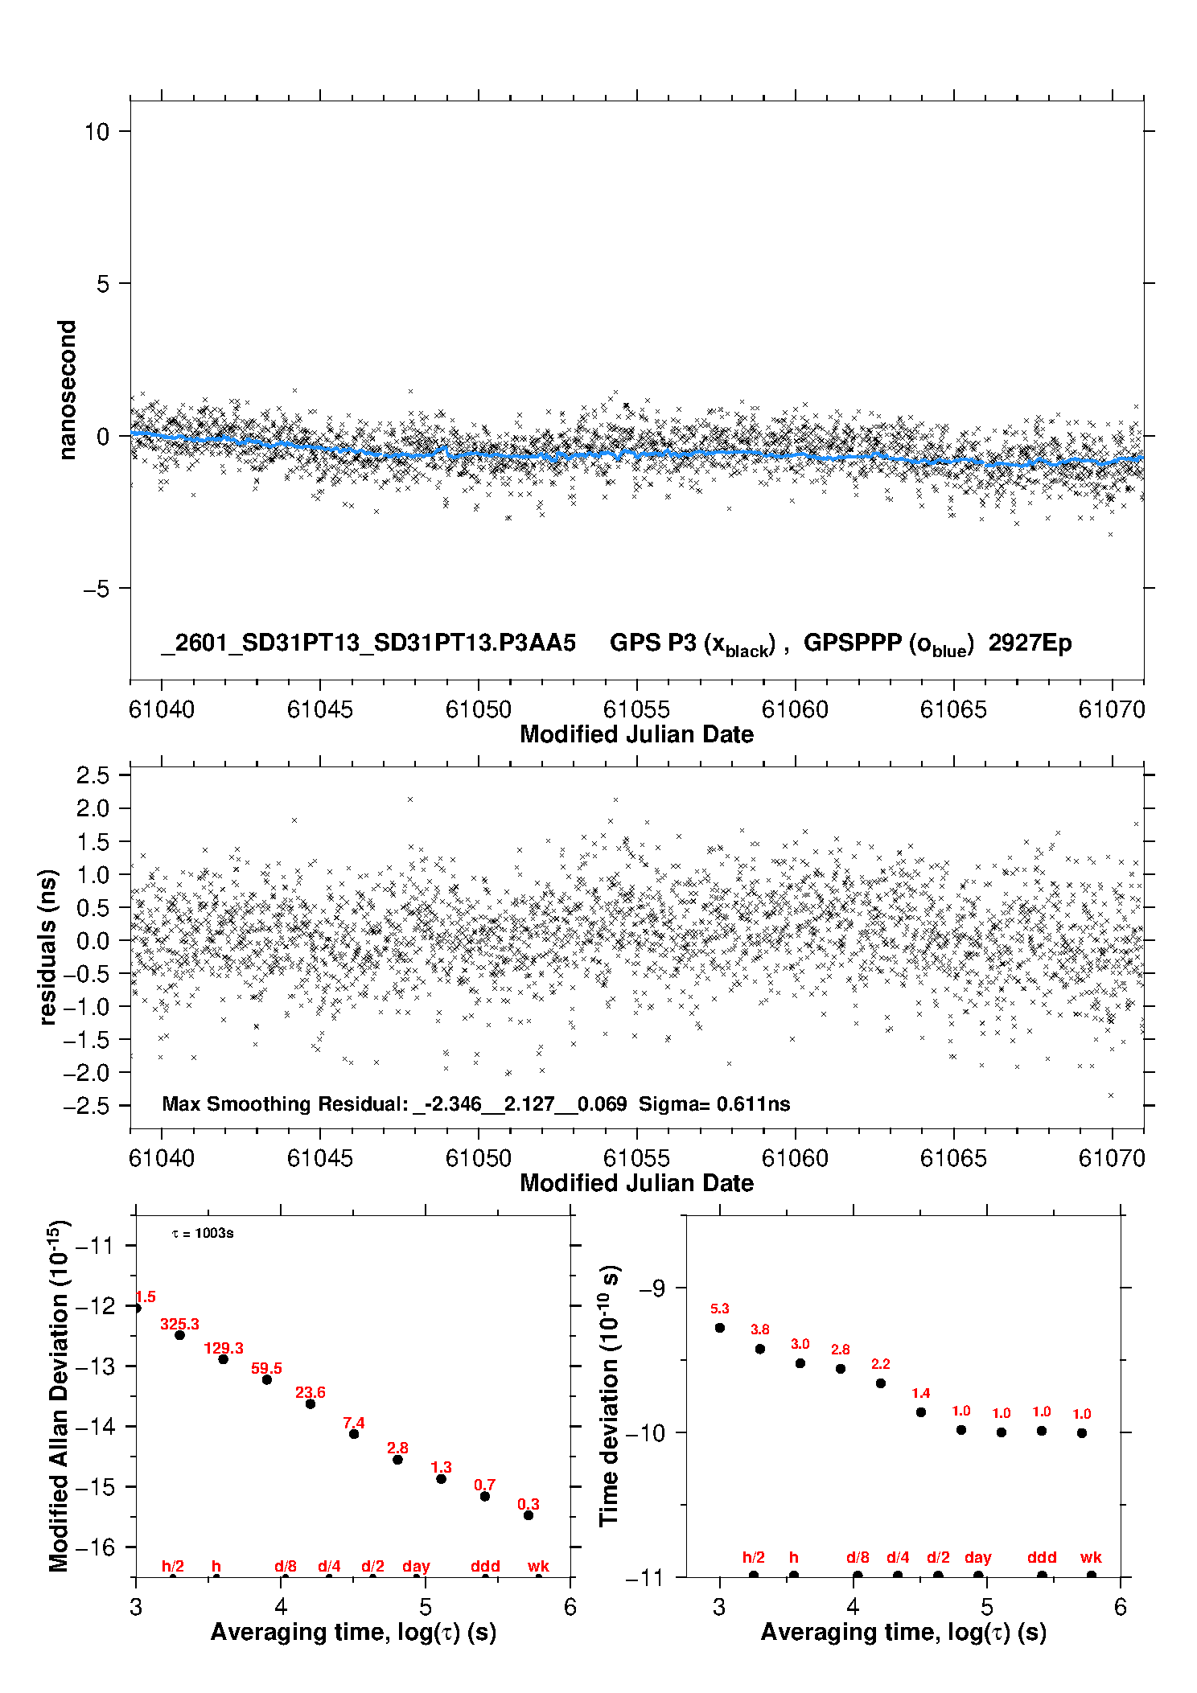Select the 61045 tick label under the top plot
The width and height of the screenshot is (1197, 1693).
click(319, 709)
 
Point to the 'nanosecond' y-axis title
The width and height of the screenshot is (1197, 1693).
click(67, 389)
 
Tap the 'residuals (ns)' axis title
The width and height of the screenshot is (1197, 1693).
click(47, 947)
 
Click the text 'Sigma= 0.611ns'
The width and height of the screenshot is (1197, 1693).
click(714, 1103)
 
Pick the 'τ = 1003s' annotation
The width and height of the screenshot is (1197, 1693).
click(203, 1233)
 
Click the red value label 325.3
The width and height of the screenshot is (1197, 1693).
click(179, 1324)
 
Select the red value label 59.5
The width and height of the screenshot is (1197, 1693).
click(266, 1368)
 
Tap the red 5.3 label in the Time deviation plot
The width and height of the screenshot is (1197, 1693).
click(719, 1309)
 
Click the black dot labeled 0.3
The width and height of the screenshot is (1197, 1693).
click(529, 1515)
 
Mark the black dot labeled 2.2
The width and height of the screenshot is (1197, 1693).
click(881, 1383)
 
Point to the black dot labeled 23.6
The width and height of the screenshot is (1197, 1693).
click(311, 1403)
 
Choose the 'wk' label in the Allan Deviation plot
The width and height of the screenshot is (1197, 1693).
click(538, 1566)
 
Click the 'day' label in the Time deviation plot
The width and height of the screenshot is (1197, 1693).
click(978, 1557)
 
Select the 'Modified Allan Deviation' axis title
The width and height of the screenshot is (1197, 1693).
click(59, 1395)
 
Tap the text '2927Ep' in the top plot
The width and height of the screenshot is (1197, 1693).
click(1030, 643)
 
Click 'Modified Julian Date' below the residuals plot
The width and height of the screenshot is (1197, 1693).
click(636, 1182)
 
